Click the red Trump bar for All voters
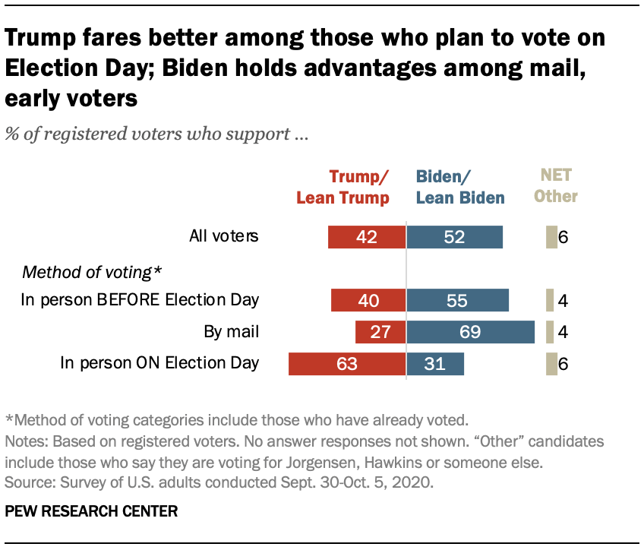tap(367, 236)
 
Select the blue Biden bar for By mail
tap(470, 332)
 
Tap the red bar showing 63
tap(347, 364)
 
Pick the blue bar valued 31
tap(435, 364)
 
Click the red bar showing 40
tap(368, 300)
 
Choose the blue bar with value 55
tap(458, 300)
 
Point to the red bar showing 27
tap(380, 332)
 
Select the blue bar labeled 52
tap(454, 236)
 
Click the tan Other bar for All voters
tap(551, 236)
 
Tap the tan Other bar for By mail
tap(549, 332)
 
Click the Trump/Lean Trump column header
tap(343, 188)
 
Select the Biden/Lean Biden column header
tap(460, 188)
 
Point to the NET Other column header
tap(555, 187)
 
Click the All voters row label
tap(224, 236)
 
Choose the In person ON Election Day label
tap(159, 364)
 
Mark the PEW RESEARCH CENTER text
tap(91, 511)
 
